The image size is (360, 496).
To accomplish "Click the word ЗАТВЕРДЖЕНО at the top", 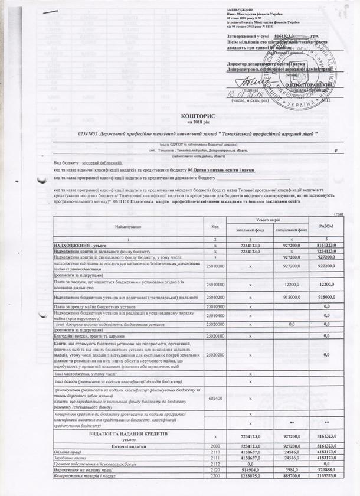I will click(240, 11).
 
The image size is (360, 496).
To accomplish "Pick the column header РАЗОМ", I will click(326, 226).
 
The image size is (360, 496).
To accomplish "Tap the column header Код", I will click(215, 226).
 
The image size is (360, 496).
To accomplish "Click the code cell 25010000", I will click(215, 266).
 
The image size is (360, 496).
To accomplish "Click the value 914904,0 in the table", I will click(250, 469).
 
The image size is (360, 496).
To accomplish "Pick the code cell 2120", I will click(215, 469).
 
